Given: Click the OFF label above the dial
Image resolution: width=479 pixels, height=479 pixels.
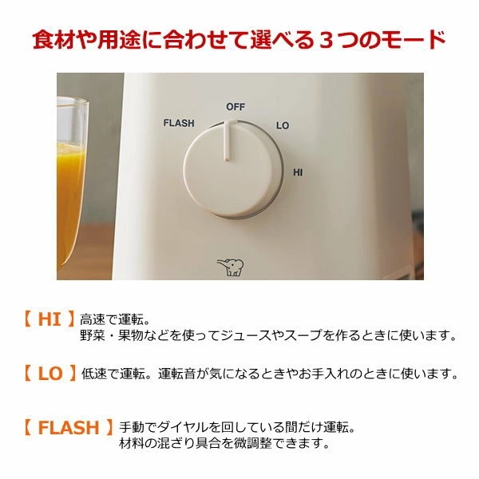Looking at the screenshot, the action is (x=236, y=107).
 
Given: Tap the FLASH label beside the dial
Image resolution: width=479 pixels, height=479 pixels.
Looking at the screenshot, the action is (x=179, y=123).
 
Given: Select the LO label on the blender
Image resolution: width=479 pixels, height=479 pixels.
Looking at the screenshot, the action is (x=283, y=125).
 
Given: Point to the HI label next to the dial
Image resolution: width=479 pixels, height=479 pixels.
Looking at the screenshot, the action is (x=298, y=172).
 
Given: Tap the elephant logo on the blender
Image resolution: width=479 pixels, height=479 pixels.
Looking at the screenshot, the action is (x=231, y=267).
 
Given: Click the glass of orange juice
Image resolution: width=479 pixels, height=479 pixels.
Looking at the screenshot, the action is (x=72, y=183).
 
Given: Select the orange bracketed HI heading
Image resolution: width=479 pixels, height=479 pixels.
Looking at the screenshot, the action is (x=49, y=319).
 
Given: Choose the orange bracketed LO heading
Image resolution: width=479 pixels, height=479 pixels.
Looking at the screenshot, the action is (x=49, y=374).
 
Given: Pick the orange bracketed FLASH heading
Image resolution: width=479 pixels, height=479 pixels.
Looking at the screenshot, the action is (x=69, y=427).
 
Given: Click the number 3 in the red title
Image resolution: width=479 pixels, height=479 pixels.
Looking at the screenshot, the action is (x=326, y=41).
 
